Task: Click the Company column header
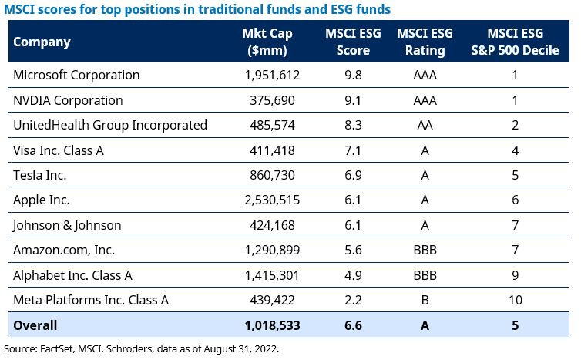pyautogui.click(x=42, y=42)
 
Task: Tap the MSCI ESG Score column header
pyautogui.click(x=348, y=42)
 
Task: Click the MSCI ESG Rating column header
pyautogui.click(x=425, y=42)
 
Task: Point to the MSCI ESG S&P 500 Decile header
pyautogui.click(x=514, y=42)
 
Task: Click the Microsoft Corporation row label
pyautogui.click(x=76, y=76)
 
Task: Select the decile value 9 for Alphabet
pyautogui.click(x=514, y=275)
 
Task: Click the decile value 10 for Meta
pyautogui.click(x=514, y=300)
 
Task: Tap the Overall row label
pyautogui.click(x=35, y=325)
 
